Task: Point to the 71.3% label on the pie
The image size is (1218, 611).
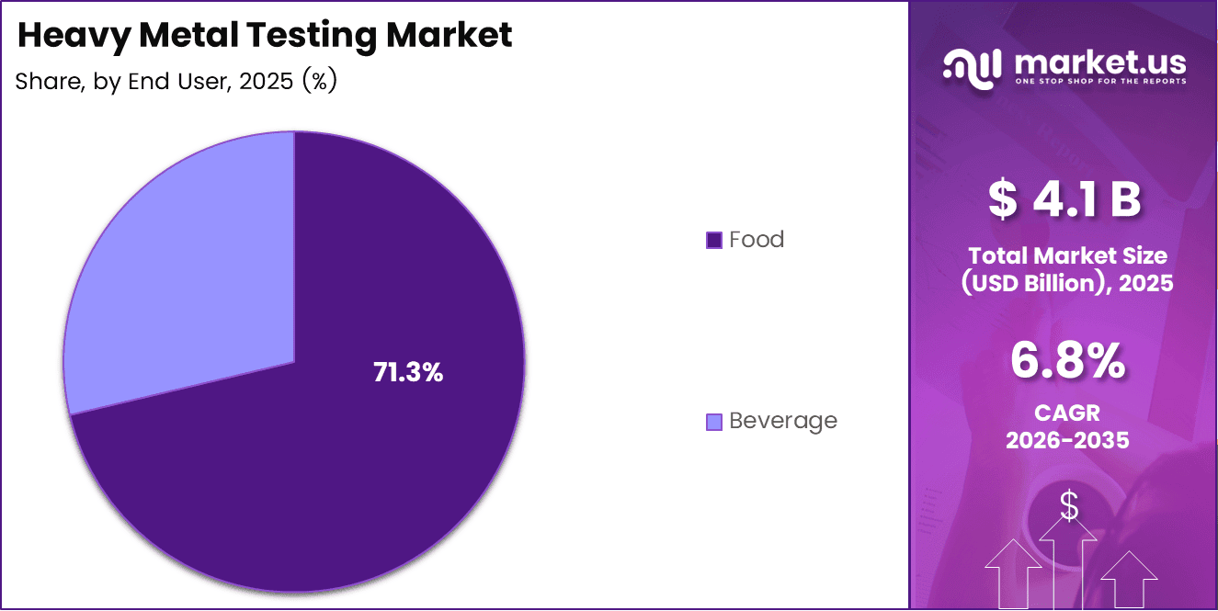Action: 408,373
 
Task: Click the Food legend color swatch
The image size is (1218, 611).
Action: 714,241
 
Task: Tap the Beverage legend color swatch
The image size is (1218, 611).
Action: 714,422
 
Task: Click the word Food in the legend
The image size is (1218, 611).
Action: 757,240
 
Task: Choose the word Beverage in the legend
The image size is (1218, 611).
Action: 783,421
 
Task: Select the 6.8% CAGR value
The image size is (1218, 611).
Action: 1066,360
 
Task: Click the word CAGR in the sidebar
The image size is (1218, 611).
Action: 1066,413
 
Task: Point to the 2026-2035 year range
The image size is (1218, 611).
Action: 1066,440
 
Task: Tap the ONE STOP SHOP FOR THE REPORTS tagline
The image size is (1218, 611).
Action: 1100,81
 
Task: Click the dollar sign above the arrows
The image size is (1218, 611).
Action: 1069,505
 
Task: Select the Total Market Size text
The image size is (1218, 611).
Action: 1066,255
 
